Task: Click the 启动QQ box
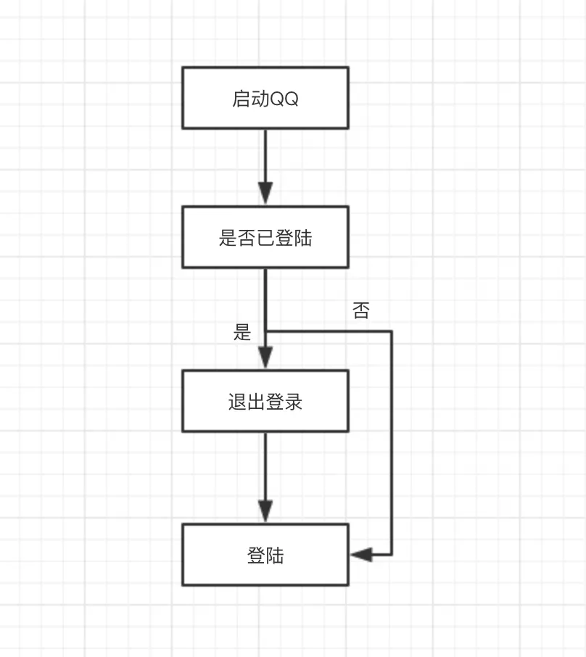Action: tap(265, 98)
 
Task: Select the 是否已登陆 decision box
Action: tap(265, 237)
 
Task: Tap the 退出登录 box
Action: tap(265, 401)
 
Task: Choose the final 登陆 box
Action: tap(265, 555)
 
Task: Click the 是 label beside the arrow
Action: tap(242, 333)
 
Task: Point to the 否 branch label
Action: tap(360, 311)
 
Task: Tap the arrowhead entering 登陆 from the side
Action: tap(361, 555)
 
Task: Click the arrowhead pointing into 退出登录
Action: tap(265, 358)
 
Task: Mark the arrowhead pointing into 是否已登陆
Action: tap(265, 193)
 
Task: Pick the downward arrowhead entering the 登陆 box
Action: tap(265, 511)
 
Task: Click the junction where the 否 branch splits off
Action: tap(265, 331)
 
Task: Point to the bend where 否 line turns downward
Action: tap(392, 331)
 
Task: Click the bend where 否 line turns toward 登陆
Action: tap(392, 555)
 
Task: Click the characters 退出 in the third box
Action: tap(247, 402)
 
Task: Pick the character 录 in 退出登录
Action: tap(294, 402)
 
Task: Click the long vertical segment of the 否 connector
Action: tap(392, 442)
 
